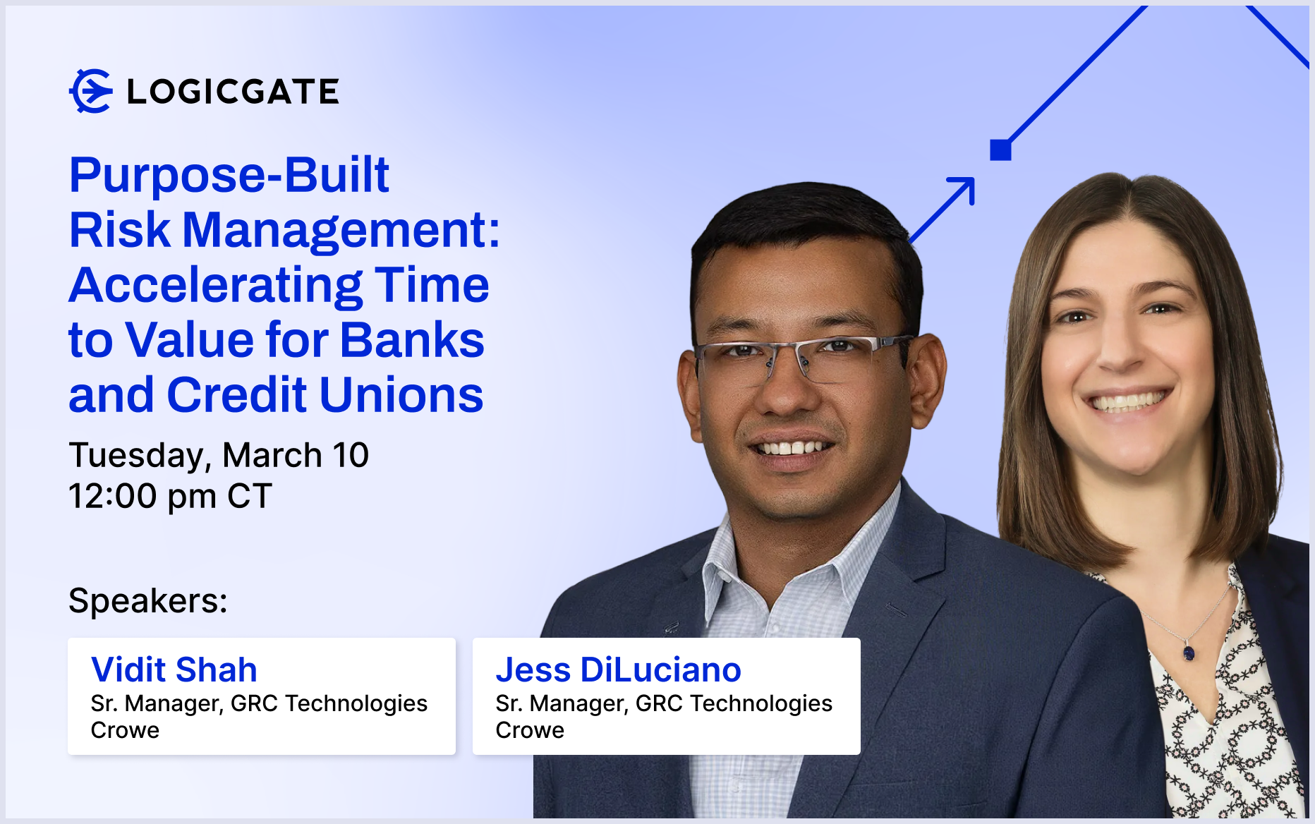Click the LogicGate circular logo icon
click(x=91, y=91)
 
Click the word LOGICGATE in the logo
click(x=233, y=92)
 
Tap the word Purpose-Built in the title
click(x=229, y=176)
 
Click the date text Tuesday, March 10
click(x=219, y=456)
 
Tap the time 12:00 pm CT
click(x=170, y=496)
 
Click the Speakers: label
click(x=148, y=601)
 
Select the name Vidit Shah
click(x=174, y=669)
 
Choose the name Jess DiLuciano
click(x=619, y=669)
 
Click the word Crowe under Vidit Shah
click(x=125, y=730)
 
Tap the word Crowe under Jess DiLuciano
click(x=530, y=730)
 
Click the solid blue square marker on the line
click(x=1000, y=150)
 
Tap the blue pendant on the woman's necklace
click(x=1189, y=653)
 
